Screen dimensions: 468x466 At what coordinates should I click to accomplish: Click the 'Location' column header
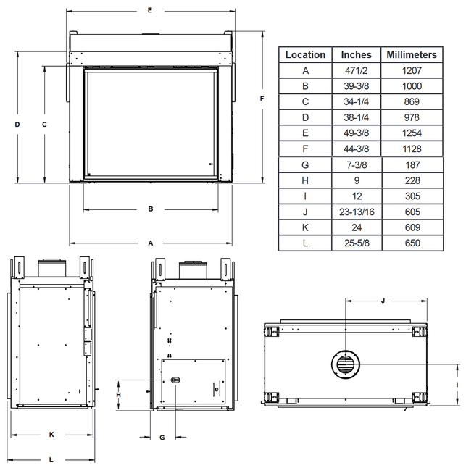coord(305,55)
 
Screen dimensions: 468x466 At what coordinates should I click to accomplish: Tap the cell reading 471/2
coord(357,71)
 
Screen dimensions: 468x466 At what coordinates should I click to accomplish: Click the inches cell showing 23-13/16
coord(357,212)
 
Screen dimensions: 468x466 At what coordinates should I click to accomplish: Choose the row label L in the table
coord(305,243)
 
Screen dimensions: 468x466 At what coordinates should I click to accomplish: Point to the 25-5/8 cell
coord(357,243)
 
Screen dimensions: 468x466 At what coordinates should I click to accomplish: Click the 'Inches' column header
coord(357,55)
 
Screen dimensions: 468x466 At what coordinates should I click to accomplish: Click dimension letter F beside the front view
coord(262,98)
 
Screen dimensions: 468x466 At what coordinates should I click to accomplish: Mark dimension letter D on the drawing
coord(17,125)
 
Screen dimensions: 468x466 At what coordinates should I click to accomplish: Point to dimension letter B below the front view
coord(151,209)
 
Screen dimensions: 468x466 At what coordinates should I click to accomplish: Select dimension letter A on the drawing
coord(151,243)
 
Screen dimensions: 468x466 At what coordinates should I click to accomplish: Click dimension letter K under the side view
coord(51,435)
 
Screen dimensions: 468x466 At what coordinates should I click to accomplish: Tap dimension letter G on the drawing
coord(162,437)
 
